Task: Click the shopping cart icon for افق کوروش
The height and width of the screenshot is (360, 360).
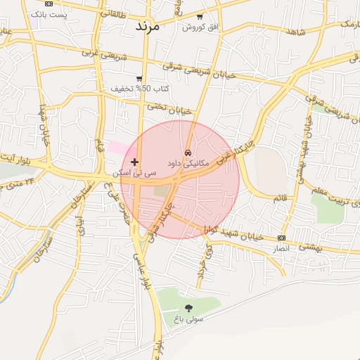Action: pos(200,16)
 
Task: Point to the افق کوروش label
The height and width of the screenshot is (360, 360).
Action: pos(201,27)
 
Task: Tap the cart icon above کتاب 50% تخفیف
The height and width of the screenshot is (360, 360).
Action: pos(140,78)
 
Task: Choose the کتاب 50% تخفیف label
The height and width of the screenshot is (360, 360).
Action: pos(141,89)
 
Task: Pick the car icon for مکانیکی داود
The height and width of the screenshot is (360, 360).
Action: pos(188,152)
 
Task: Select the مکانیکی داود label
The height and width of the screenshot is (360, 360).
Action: pos(188,162)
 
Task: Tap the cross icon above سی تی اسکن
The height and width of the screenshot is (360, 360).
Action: pos(135,162)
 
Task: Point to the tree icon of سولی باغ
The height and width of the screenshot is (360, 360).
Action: pos(188,308)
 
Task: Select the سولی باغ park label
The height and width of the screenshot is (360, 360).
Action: pos(189,319)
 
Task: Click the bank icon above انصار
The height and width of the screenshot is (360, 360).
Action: pos(282,238)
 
